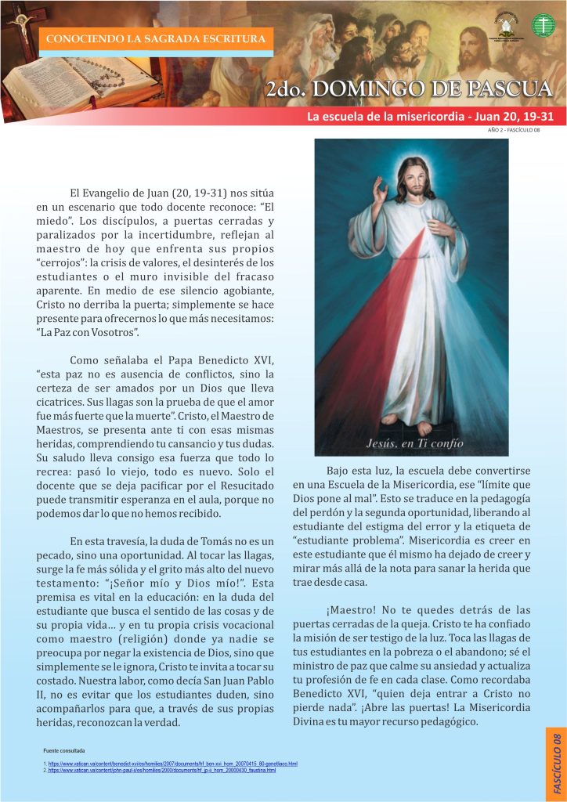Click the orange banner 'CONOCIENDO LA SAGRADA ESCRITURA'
[x=157, y=38]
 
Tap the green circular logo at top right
[x=543, y=25]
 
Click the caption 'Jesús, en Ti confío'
[x=415, y=443]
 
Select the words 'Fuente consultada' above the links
[x=64, y=750]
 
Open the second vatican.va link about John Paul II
[x=161, y=771]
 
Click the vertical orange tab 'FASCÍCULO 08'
[x=555, y=764]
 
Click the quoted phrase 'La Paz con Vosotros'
[x=88, y=333]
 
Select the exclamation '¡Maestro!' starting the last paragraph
[x=352, y=609]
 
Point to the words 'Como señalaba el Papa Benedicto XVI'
[x=172, y=360]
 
